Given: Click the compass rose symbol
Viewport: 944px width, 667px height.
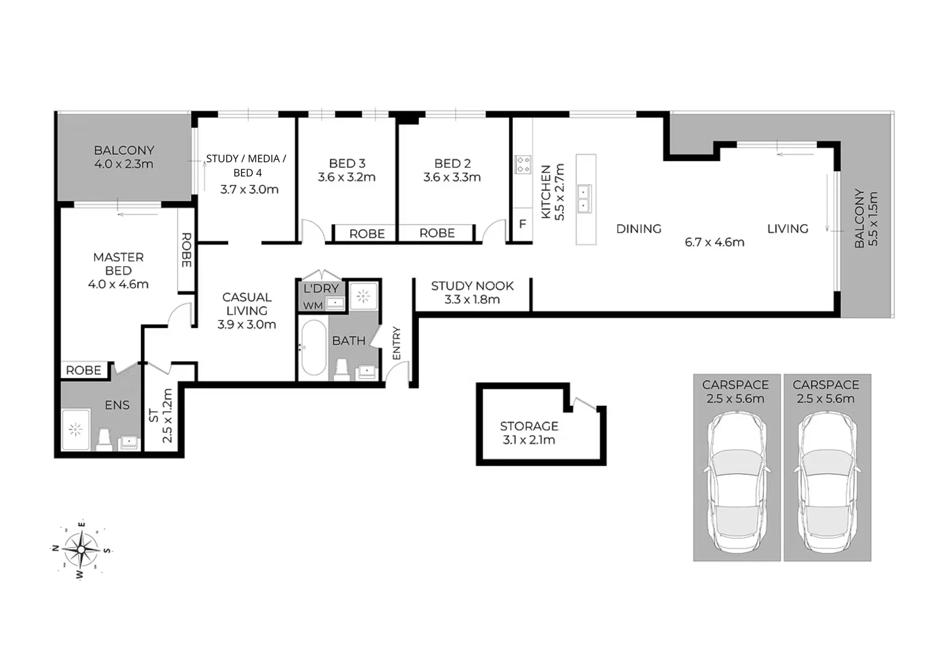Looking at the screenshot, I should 81,548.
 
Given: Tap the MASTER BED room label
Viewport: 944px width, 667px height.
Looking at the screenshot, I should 118,264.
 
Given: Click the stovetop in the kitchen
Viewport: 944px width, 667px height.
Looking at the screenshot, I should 523,164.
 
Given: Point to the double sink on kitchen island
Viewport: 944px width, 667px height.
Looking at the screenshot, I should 583,198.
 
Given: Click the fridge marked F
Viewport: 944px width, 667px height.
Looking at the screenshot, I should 522,224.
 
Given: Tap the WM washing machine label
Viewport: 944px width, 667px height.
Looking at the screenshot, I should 313,305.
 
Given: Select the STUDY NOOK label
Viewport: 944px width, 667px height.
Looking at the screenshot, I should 472,286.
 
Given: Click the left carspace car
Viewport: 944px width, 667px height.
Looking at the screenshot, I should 736,482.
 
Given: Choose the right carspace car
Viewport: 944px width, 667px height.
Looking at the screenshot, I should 827,482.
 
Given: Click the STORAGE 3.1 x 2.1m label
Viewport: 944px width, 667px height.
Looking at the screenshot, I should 529,433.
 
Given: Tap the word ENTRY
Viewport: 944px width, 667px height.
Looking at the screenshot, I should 397,343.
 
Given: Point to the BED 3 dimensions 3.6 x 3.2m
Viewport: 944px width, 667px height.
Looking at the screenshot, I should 347,177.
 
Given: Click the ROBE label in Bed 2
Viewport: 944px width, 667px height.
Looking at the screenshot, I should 437,233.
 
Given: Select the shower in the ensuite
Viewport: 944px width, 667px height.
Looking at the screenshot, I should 76,429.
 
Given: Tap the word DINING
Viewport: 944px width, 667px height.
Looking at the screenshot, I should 639,229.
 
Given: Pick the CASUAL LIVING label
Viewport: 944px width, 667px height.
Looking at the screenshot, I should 247,304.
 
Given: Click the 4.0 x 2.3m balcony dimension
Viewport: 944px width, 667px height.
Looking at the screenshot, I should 124,164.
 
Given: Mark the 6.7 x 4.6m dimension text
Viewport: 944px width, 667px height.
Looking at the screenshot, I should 714,242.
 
